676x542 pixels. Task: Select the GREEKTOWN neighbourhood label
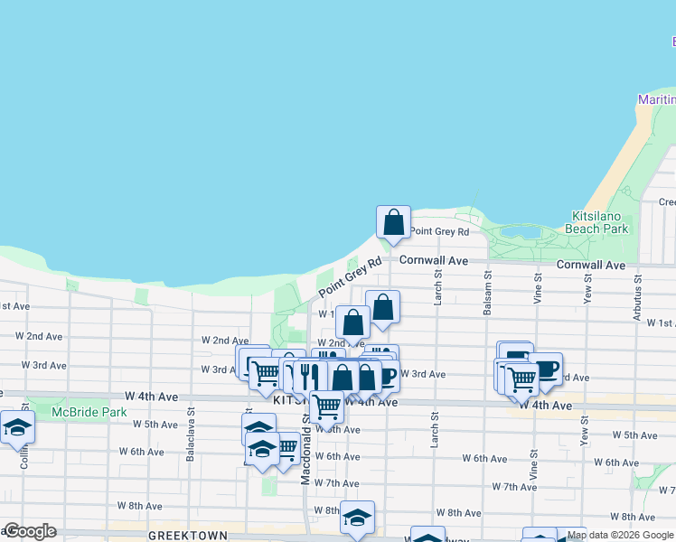coord(188,535)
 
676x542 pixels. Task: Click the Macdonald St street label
coord(305,460)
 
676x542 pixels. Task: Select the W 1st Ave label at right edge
coord(662,322)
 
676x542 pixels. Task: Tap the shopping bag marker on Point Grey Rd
coord(393,221)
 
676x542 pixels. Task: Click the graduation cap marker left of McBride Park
coord(17,427)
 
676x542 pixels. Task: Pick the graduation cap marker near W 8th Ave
coord(357,517)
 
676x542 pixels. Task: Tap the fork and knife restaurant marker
coord(308,374)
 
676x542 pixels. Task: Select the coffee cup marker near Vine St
coord(545,368)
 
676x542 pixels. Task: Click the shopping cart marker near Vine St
coord(521,378)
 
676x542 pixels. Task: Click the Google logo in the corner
coord(30,531)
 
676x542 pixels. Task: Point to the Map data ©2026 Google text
coord(620,535)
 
